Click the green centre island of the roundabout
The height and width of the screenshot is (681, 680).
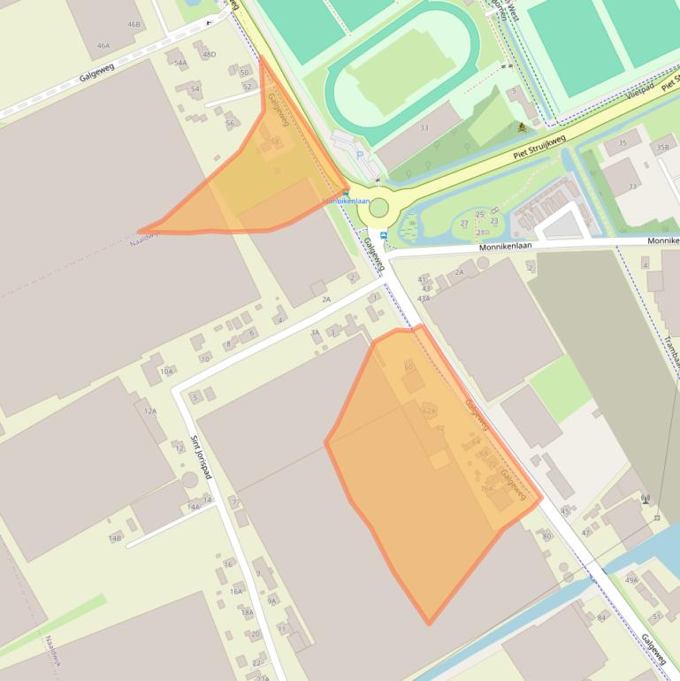pos(378,209)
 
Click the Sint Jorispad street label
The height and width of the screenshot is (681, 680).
pos(202,456)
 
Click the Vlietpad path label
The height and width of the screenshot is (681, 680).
pos(639,92)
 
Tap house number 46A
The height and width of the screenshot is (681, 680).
pos(104,46)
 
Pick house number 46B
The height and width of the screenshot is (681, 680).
pos(134,24)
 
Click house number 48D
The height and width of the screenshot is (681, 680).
pos(209,55)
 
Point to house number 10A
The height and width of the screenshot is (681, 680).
pos(166,371)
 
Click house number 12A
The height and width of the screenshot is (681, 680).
pos(150,411)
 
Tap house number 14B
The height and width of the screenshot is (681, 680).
pos(115,538)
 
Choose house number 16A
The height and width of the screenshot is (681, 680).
pos(236,591)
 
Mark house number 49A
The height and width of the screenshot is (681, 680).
pos(631,580)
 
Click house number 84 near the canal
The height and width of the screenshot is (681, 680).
pos(602,617)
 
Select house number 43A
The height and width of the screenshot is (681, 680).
pos(424,299)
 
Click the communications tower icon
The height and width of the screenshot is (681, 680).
pos(646,500)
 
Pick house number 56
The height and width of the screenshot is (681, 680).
pos(230,124)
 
